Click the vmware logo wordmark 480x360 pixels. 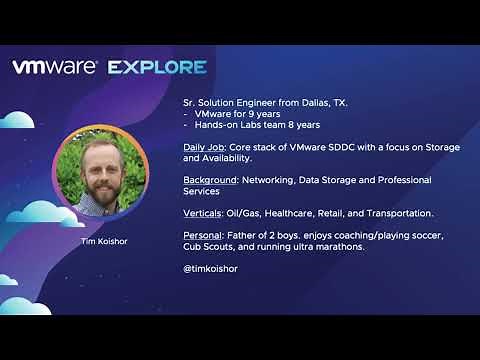coord(54,67)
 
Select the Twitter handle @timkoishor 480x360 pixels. coord(211,269)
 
